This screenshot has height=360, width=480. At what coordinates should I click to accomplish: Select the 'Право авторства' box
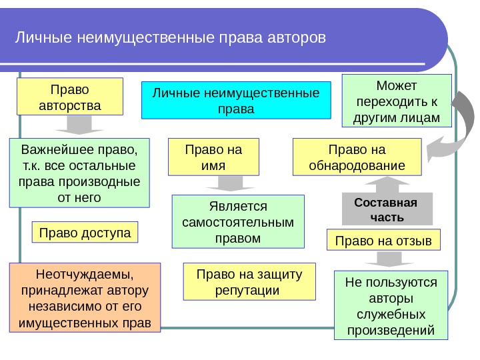(70, 97)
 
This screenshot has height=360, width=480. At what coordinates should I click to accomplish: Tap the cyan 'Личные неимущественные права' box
(237, 100)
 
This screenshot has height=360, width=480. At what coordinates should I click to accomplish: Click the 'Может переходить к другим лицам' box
(397, 102)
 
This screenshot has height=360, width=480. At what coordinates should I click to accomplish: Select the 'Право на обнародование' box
(357, 157)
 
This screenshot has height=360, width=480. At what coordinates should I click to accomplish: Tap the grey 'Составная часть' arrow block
(386, 208)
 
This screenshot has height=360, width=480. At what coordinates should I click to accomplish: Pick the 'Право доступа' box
(85, 232)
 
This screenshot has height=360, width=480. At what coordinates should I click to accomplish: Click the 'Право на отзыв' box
(383, 240)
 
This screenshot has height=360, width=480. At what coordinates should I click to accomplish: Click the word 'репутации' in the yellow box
(247, 291)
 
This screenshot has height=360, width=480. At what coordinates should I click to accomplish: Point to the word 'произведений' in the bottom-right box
(391, 329)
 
